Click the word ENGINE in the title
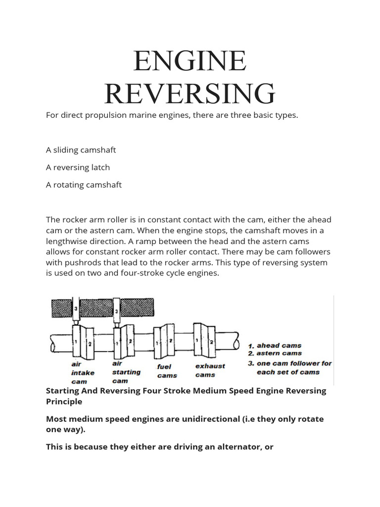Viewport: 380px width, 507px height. (x=190, y=61)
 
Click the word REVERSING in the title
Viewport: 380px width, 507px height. (x=190, y=93)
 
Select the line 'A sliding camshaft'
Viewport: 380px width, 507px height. (x=81, y=150)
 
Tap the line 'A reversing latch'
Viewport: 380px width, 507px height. (x=78, y=167)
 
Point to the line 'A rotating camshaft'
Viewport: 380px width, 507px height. (x=84, y=185)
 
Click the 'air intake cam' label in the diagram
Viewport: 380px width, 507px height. (x=82, y=372)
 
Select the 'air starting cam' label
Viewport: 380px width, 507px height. (x=126, y=372)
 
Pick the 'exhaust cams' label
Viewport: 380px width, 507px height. (x=210, y=370)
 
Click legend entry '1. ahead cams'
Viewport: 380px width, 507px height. (x=275, y=345)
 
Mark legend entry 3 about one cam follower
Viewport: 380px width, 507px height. (x=289, y=367)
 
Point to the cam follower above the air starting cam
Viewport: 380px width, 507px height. (x=117, y=312)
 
